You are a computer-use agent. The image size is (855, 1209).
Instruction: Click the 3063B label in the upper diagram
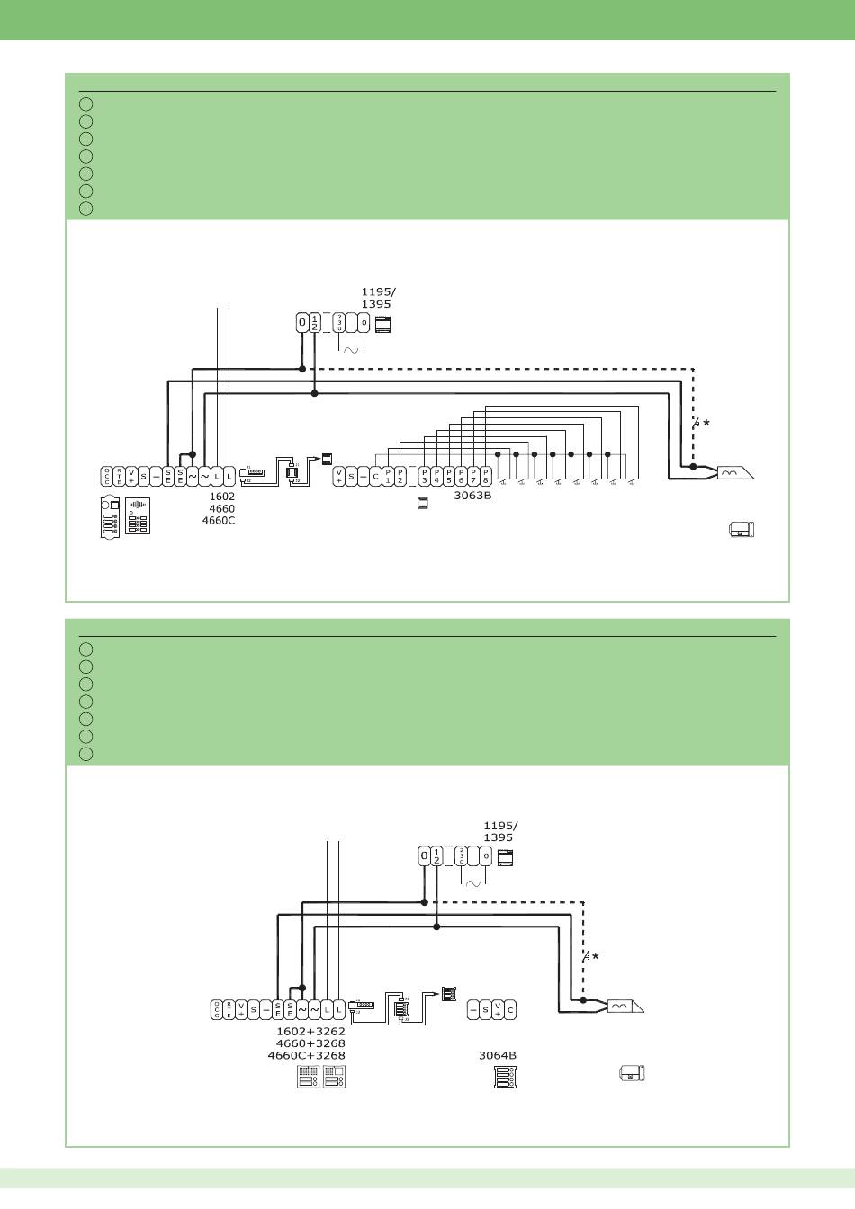point(472,495)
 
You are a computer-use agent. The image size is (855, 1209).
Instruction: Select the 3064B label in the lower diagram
point(497,1056)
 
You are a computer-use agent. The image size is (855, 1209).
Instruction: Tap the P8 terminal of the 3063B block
point(485,475)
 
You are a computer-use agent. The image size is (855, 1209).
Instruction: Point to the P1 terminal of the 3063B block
point(388,475)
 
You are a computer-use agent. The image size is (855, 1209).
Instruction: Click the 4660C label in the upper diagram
point(219,520)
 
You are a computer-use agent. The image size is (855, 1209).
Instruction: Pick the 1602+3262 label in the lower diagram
point(310,1031)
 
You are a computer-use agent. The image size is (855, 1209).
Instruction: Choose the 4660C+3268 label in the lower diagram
point(306,1055)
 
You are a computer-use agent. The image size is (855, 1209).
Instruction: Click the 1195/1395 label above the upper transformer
point(376,298)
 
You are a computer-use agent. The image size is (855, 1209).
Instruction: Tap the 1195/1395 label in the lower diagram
point(500,831)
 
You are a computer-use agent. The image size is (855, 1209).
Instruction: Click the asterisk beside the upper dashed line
point(706,422)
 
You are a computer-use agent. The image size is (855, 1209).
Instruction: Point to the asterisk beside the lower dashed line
point(595,957)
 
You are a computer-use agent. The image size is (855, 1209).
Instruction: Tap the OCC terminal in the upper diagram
point(107,476)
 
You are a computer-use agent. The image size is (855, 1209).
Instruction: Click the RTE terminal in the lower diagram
point(229,1009)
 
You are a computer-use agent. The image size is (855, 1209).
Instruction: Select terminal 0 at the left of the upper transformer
point(302,322)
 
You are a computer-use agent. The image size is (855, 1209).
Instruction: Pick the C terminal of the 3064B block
point(510,1009)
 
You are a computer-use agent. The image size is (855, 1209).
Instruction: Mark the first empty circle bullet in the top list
point(85,103)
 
